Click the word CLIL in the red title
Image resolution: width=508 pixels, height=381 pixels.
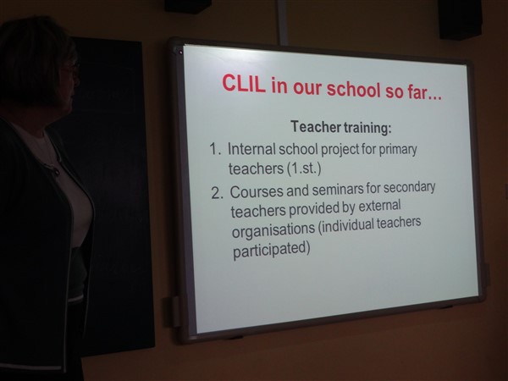(x=244, y=84)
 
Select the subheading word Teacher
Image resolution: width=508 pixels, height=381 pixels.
(x=316, y=126)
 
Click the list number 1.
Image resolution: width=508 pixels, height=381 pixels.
(x=215, y=149)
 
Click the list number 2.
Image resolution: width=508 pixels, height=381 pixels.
(x=217, y=193)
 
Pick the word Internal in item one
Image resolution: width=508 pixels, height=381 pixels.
(x=251, y=149)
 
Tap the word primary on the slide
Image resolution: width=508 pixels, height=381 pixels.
(x=398, y=151)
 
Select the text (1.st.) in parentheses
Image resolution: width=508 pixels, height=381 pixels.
(x=304, y=168)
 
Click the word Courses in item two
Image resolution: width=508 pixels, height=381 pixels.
(x=257, y=192)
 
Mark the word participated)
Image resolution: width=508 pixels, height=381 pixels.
(x=272, y=250)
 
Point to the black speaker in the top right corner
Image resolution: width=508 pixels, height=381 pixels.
(x=460, y=19)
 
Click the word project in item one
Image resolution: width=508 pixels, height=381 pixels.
(x=340, y=150)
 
